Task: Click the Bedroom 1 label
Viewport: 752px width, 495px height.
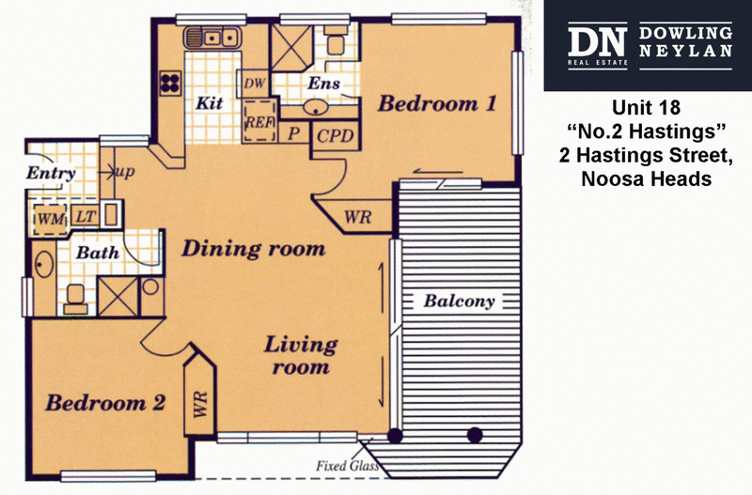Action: tap(437, 103)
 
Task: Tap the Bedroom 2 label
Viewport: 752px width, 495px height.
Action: tap(105, 403)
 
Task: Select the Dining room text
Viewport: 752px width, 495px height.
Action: tap(254, 249)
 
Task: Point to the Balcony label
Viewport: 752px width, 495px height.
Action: tap(459, 301)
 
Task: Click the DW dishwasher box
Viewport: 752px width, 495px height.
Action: tap(254, 84)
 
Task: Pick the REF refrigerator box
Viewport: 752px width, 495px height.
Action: tap(259, 122)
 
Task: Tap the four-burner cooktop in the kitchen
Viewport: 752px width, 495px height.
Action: tap(170, 83)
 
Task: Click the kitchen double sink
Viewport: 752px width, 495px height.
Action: tap(211, 38)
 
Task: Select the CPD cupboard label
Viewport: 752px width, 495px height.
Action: tap(336, 136)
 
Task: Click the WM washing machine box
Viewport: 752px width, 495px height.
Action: tap(51, 220)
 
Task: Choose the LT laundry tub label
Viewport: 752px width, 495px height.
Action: tap(86, 216)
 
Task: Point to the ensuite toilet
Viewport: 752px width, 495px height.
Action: tap(336, 39)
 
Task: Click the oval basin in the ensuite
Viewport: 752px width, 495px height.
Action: tap(315, 107)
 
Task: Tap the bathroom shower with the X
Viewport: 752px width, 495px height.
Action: tap(118, 296)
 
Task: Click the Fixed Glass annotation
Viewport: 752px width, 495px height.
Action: tap(348, 466)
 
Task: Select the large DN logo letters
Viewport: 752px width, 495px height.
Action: tap(597, 42)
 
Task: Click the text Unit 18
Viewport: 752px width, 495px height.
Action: tap(646, 107)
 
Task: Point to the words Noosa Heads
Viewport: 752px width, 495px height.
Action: tap(646, 178)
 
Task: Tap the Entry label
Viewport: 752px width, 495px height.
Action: tap(51, 173)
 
